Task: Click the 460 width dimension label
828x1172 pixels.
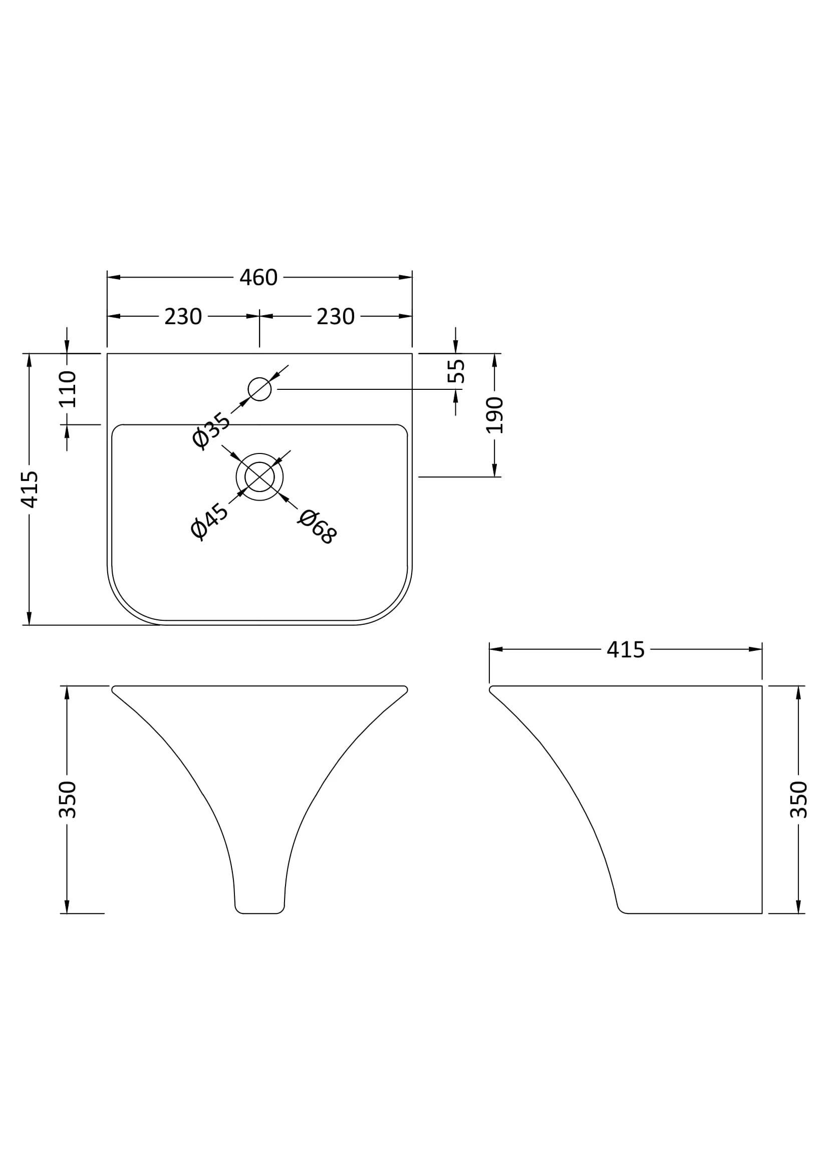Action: click(x=258, y=278)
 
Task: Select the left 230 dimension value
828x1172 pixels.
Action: click(x=183, y=317)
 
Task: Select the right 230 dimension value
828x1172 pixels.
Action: click(x=335, y=317)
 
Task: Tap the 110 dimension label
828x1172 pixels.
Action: click(x=67, y=389)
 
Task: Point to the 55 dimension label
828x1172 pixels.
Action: click(x=456, y=371)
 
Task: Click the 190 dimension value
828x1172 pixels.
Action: click(x=494, y=415)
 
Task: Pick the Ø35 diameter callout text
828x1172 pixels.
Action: click(x=211, y=430)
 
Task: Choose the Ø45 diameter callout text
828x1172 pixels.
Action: click(x=209, y=521)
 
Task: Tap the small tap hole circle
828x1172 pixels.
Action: click(x=259, y=389)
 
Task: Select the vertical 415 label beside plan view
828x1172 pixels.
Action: click(x=29, y=490)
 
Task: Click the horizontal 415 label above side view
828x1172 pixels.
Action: click(x=626, y=650)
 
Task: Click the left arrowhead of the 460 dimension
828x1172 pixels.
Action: click(x=113, y=277)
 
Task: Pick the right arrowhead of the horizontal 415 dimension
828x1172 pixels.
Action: click(x=755, y=649)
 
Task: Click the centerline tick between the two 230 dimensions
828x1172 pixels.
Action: click(x=259, y=328)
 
